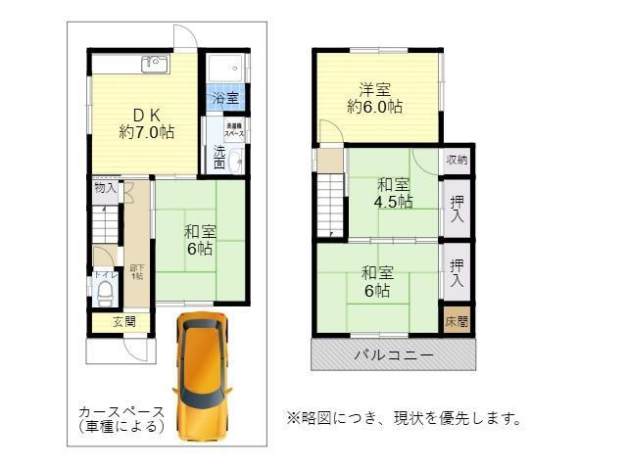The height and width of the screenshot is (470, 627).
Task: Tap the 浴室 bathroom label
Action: pos(226,98)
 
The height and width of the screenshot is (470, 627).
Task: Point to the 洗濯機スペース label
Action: pos(235,129)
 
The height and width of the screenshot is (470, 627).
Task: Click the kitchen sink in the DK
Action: pos(155,64)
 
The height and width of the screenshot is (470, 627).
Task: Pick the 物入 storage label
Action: pos(105,187)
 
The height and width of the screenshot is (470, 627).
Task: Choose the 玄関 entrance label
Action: pos(123,321)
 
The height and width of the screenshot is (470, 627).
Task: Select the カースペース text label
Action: pos(121,419)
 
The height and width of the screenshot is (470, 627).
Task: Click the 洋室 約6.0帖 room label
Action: pos(374,97)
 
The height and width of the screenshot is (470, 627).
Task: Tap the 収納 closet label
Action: pos(457,160)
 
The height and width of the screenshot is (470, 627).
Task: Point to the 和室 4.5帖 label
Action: pos(394,193)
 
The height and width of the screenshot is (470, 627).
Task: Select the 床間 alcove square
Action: pos(457,320)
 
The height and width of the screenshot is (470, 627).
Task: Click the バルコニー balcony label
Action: pos(393,354)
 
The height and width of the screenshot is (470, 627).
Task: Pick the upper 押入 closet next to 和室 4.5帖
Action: pos(457,208)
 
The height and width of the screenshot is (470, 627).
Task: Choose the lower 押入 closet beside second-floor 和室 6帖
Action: pos(457,271)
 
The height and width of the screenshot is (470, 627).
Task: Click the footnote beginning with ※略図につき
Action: pos(403,419)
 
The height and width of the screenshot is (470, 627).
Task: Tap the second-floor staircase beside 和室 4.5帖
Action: pos(331,206)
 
